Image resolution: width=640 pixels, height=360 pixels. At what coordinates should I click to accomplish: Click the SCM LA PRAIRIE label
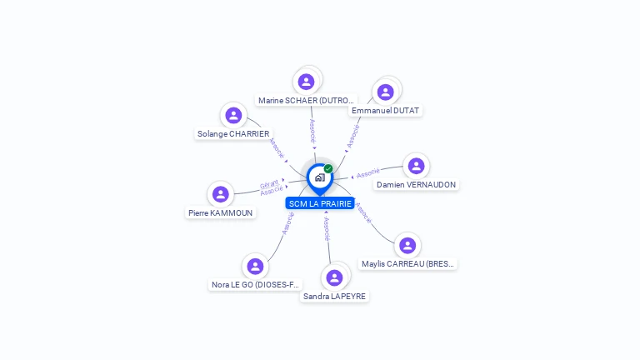click(320, 203)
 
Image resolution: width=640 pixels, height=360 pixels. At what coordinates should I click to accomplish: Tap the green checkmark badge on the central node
click(328, 168)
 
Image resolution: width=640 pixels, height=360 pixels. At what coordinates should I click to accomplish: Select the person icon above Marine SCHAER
click(306, 82)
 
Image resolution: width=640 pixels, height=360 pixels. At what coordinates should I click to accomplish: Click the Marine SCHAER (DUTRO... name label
click(306, 101)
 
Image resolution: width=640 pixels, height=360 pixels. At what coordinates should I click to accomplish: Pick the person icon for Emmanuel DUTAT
click(385, 92)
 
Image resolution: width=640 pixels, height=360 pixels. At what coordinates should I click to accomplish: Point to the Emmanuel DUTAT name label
click(386, 110)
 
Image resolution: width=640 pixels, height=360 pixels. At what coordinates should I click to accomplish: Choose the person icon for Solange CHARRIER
click(233, 115)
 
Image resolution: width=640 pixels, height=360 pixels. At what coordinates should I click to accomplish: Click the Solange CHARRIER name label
click(233, 133)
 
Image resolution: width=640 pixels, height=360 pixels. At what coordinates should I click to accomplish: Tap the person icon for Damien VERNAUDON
click(416, 166)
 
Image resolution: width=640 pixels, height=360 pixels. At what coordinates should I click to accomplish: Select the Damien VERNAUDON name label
click(416, 184)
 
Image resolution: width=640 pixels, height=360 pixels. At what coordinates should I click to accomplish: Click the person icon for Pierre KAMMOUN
click(221, 194)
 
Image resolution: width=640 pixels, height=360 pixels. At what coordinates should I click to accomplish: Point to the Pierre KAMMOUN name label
click(221, 212)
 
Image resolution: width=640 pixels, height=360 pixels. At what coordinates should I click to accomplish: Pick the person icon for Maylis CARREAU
click(407, 245)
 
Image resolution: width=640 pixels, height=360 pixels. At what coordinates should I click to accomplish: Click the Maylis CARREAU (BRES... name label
click(407, 263)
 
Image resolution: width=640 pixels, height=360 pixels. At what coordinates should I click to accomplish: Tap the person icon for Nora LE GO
click(255, 266)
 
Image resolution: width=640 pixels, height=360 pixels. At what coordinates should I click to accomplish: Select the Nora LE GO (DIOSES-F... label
click(256, 284)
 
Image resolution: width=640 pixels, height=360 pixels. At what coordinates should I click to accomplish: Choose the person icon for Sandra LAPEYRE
click(334, 277)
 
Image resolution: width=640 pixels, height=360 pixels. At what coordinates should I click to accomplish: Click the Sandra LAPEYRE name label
click(334, 296)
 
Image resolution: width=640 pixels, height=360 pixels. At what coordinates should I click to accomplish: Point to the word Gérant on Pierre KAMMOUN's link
click(269, 184)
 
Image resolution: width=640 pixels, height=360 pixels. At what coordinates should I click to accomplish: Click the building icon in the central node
click(319, 177)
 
